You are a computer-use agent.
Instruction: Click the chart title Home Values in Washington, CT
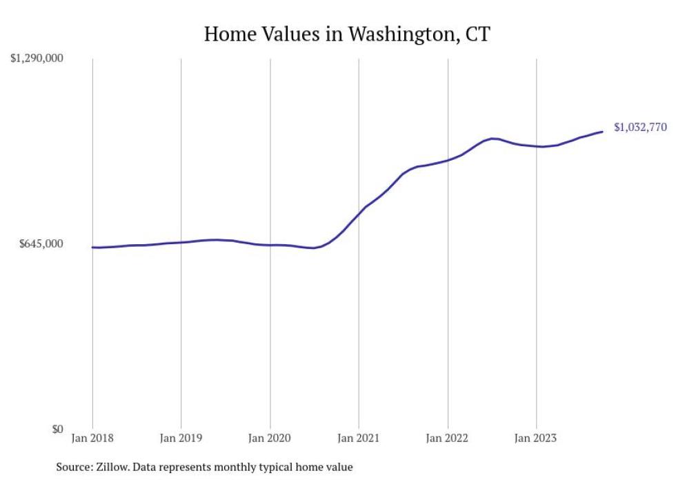coord(346,34)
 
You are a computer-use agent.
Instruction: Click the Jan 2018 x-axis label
coord(92,437)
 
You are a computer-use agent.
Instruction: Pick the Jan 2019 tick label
coord(181,437)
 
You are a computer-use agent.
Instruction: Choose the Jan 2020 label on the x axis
coord(270,437)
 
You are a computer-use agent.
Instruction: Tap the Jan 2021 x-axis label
coord(359,437)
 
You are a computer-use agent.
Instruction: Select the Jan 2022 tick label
coord(448,437)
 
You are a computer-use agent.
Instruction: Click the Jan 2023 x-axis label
coord(536,437)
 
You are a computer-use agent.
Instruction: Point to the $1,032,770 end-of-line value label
coord(640,127)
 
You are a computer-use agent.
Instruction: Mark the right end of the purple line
coord(603,132)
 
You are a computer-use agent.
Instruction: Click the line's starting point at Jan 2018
coord(92,247)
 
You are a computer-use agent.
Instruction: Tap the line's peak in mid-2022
coord(492,139)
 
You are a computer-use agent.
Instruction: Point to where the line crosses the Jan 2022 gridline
coord(448,161)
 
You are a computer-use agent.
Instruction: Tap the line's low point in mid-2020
coord(314,248)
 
